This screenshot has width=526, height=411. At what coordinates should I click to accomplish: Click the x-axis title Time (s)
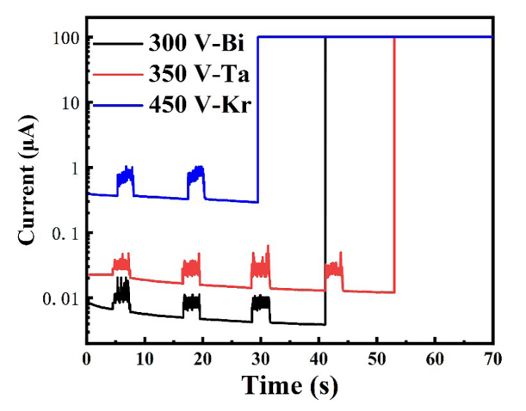tap(289, 384)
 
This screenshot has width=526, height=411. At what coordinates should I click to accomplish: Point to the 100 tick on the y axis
tap(64, 38)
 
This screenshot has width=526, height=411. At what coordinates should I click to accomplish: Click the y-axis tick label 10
tap(68, 103)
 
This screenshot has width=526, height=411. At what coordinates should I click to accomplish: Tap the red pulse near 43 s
tap(333, 269)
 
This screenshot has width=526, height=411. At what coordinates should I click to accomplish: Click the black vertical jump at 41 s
tap(325, 172)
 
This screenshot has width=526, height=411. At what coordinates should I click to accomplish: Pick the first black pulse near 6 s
tap(122, 294)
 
